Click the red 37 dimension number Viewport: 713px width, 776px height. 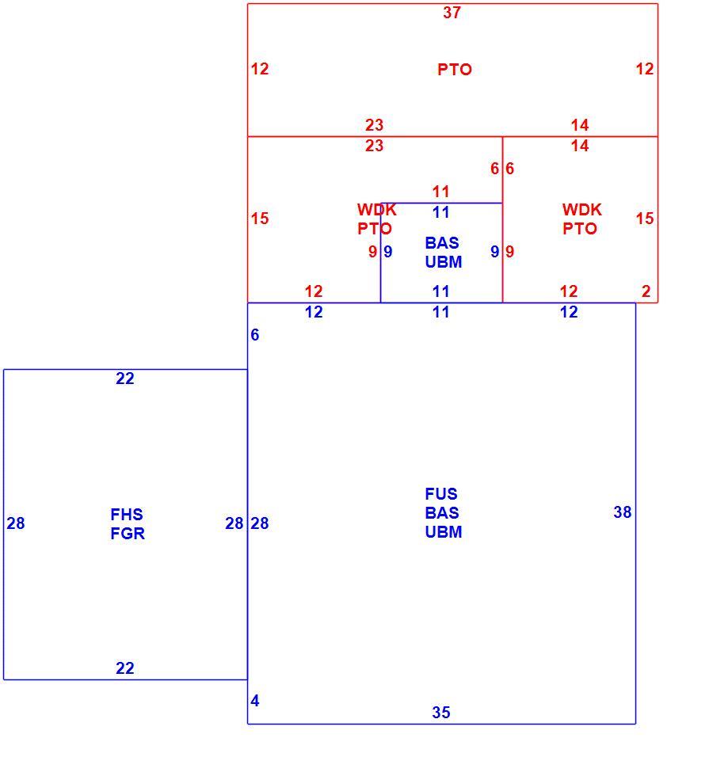tap(452, 13)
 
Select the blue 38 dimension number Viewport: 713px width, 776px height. tap(623, 512)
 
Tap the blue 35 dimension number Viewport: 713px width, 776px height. tap(440, 712)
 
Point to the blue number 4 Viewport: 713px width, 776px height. tap(254, 700)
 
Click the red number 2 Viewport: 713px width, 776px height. tap(646, 291)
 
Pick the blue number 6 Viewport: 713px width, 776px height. tap(254, 334)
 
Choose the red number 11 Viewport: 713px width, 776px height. tap(440, 191)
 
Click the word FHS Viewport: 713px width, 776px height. tap(127, 514)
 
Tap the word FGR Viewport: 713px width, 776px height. tap(128, 533)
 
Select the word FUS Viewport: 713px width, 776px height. tap(441, 493)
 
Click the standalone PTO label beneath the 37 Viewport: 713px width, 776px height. tap(455, 70)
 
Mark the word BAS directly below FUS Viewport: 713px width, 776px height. tap(442, 512)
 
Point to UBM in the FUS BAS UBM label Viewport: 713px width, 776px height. tap(443, 531)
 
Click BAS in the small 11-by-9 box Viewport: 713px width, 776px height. tap(442, 242)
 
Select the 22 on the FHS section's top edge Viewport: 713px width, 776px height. tap(125, 378)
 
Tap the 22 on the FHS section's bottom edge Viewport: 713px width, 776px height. tap(125, 668)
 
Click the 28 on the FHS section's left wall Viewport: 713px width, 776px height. tap(15, 523)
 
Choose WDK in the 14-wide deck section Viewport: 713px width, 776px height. tap(581, 209)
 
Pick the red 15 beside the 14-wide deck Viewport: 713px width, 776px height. tap(645, 219)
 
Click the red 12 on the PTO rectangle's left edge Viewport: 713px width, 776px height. tap(260, 69)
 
